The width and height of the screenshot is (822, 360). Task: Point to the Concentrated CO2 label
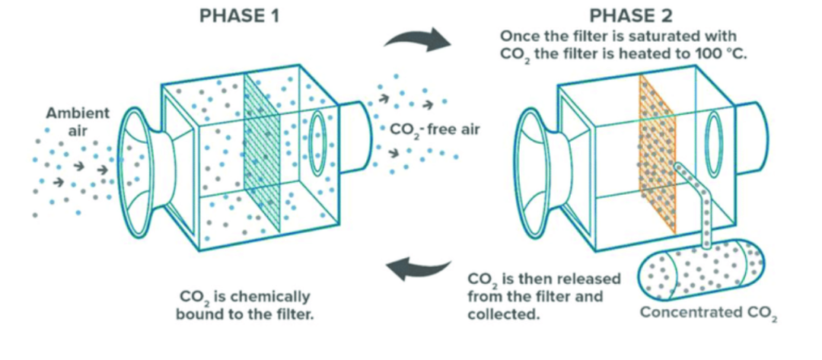708,313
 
